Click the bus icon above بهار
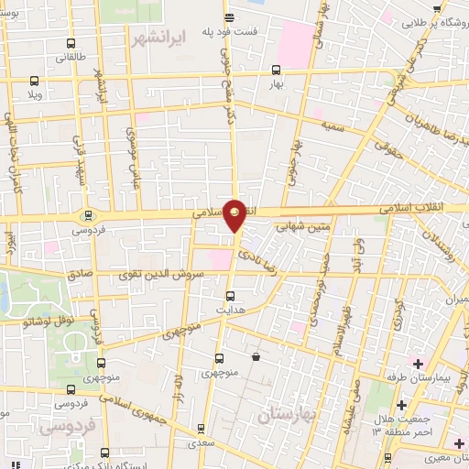tap(275, 70)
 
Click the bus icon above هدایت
tap(230, 295)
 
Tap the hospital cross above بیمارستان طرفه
tap(418, 365)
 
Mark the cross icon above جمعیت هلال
tap(400, 404)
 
